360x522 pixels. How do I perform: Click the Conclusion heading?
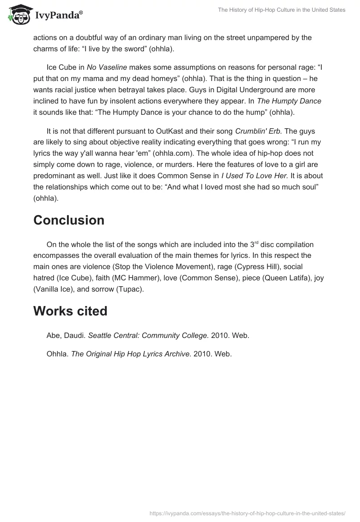pyautogui.click(x=69, y=220)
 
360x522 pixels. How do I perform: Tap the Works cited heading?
pyautogui.click(x=70, y=311)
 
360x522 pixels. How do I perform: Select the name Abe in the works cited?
pyautogui.click(x=53, y=335)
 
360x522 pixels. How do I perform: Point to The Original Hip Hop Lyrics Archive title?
pyautogui.click(x=131, y=354)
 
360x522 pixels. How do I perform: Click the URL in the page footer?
pyautogui.click(x=247, y=513)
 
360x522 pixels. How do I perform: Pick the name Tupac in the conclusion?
pyautogui.click(x=129, y=289)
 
